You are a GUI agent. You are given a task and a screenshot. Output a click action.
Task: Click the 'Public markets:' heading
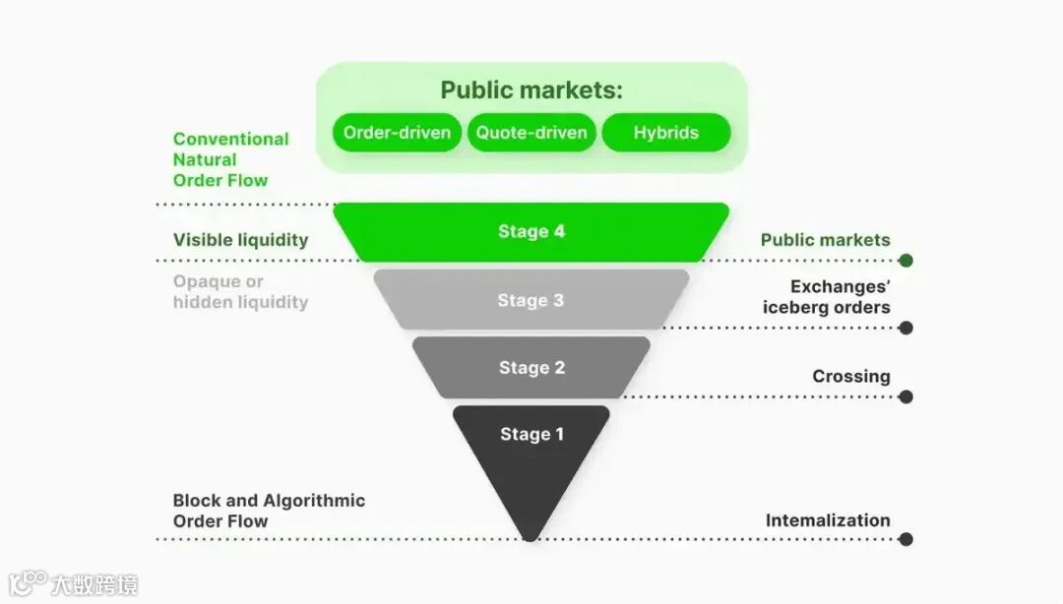coord(531,91)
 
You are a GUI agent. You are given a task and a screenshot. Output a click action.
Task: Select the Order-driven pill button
coord(397,133)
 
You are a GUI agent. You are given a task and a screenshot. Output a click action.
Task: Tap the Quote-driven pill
coord(531,133)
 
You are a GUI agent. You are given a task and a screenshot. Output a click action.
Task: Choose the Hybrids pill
coord(665,133)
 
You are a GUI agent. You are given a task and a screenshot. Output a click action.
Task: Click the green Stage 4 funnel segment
coord(531,232)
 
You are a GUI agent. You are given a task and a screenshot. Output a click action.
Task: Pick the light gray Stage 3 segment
coord(531,300)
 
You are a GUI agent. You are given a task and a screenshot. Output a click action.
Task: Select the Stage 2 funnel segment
coord(531,368)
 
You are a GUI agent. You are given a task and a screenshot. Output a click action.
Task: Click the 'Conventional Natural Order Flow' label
coord(230,159)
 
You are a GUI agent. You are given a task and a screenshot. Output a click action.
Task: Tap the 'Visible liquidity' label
coord(240,240)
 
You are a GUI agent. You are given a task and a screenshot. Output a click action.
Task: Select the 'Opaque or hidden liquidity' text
coord(240,292)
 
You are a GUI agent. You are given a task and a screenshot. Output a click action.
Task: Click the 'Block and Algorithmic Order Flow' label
coord(269,511)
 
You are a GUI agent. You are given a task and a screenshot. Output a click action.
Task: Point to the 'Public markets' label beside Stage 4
coord(825,240)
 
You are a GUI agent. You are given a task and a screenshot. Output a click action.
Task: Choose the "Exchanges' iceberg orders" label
coord(826,297)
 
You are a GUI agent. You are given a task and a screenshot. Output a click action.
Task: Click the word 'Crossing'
coord(850,376)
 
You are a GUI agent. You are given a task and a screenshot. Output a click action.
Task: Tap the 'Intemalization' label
coord(828,520)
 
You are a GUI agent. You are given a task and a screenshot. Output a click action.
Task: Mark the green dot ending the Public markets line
coord(906,261)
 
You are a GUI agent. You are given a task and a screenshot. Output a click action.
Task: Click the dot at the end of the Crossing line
coord(906,396)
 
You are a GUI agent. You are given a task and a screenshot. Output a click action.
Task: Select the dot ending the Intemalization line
coord(906,539)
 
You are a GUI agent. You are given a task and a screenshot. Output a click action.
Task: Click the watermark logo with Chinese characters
coord(73,583)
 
